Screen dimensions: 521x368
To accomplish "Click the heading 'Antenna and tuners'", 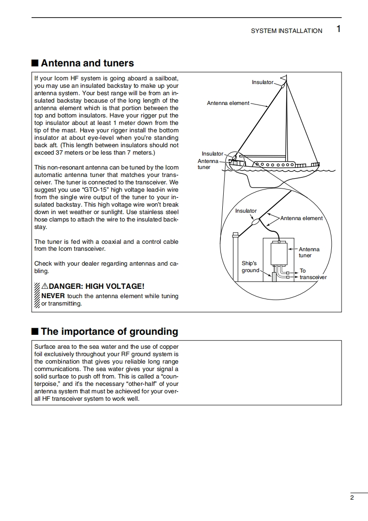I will click(87, 63).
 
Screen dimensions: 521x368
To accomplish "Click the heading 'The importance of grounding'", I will click(109, 332).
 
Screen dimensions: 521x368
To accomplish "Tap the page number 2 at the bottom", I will click(352, 498).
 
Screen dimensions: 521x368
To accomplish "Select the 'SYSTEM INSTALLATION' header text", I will click(286, 31).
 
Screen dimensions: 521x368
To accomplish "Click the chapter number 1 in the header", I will click(338, 29).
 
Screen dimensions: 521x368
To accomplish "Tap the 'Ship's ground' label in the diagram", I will click(250, 267).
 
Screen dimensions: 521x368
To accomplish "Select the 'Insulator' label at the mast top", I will click(263, 82).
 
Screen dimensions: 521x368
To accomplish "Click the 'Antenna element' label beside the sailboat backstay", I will click(228, 103).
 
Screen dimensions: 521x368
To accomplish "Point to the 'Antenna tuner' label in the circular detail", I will click(309, 253).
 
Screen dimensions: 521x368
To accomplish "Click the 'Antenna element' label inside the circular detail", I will click(301, 218).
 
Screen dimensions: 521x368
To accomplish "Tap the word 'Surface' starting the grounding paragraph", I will click(44, 346).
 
